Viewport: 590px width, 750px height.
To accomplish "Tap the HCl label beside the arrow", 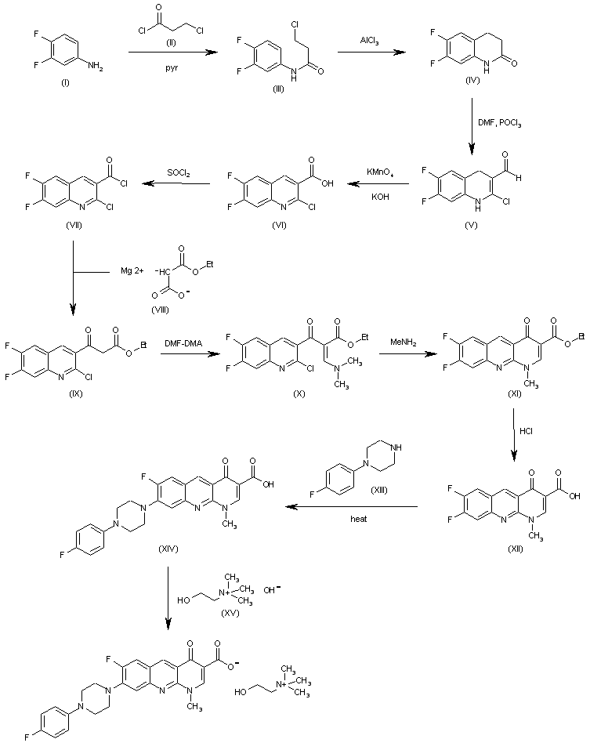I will click(x=527, y=430).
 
